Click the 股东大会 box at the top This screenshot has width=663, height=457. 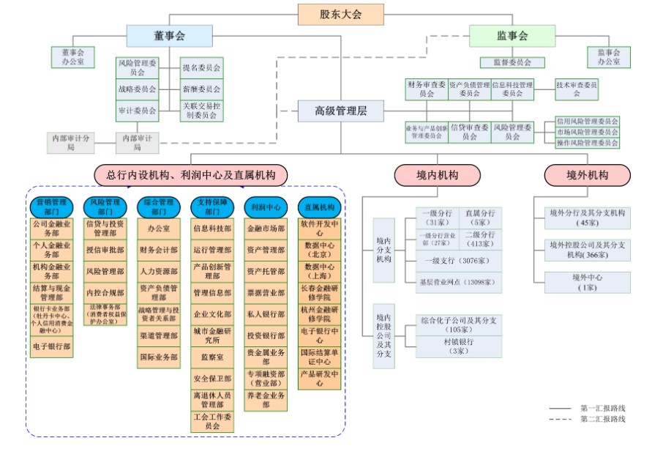pyautogui.click(x=340, y=14)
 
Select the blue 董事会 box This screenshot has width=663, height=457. pyautogui.click(x=169, y=36)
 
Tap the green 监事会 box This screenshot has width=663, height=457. pyautogui.click(x=512, y=36)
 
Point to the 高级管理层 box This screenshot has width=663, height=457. pyautogui.click(x=340, y=111)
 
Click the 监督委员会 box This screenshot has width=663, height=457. pyautogui.click(x=512, y=63)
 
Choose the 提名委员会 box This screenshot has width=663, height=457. pyautogui.click(x=201, y=68)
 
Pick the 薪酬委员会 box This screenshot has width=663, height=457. pyautogui.click(x=201, y=89)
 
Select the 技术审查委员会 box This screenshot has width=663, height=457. pyautogui.click(x=576, y=89)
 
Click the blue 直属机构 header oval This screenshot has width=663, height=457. pyautogui.click(x=320, y=207)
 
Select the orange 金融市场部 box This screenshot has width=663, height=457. pyautogui.click(x=265, y=228)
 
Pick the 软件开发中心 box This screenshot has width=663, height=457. pyautogui.click(x=320, y=228)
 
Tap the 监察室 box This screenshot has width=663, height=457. pyautogui.click(x=211, y=357)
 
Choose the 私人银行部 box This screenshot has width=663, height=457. pyautogui.click(x=265, y=314)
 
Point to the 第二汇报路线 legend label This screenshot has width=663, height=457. pyautogui.click(x=603, y=419)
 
